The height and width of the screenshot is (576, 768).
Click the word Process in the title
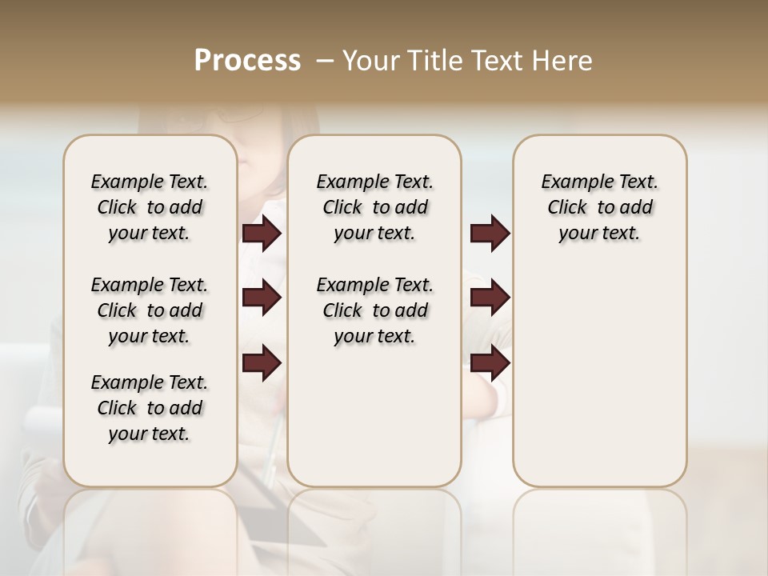tap(247, 60)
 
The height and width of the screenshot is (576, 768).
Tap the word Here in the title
tap(563, 60)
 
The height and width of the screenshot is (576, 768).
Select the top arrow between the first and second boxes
tap(262, 233)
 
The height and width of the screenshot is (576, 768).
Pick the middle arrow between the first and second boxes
tap(262, 298)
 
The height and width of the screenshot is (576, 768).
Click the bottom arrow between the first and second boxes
tap(262, 363)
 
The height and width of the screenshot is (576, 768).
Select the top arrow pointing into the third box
tap(490, 233)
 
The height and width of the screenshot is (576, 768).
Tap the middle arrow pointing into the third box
tap(490, 298)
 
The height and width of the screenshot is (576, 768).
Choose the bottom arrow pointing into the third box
tap(490, 363)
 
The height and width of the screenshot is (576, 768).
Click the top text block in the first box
tap(150, 207)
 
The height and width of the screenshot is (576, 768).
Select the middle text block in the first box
tap(150, 310)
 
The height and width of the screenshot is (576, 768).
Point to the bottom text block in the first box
tap(150, 408)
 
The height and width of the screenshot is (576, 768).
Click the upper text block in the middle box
tap(374, 207)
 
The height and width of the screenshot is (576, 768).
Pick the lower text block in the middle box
tap(374, 310)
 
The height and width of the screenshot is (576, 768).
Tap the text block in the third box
tap(599, 207)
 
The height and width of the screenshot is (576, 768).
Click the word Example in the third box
tap(574, 182)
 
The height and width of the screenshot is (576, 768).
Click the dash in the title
tap(325, 61)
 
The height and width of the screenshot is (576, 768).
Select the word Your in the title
tap(369, 60)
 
